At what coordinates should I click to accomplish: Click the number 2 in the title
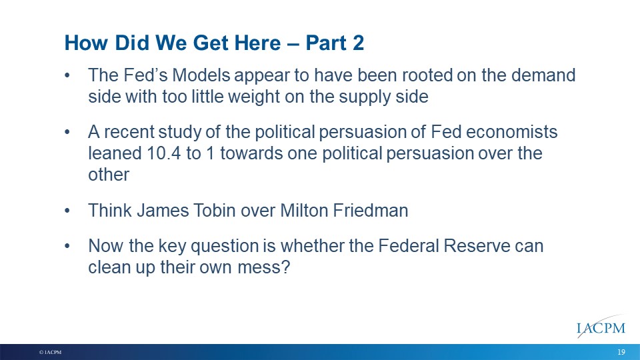coord(358,43)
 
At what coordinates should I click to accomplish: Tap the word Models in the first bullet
coord(201,75)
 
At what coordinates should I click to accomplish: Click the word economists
coord(511,132)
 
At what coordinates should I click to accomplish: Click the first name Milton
coord(304,211)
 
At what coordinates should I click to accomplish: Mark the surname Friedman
coord(371,211)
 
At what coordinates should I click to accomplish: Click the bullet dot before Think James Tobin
coord(67,211)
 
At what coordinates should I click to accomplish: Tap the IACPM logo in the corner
coord(601,327)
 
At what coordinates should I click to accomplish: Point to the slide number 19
coord(621,352)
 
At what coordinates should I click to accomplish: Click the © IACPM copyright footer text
coord(50,352)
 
